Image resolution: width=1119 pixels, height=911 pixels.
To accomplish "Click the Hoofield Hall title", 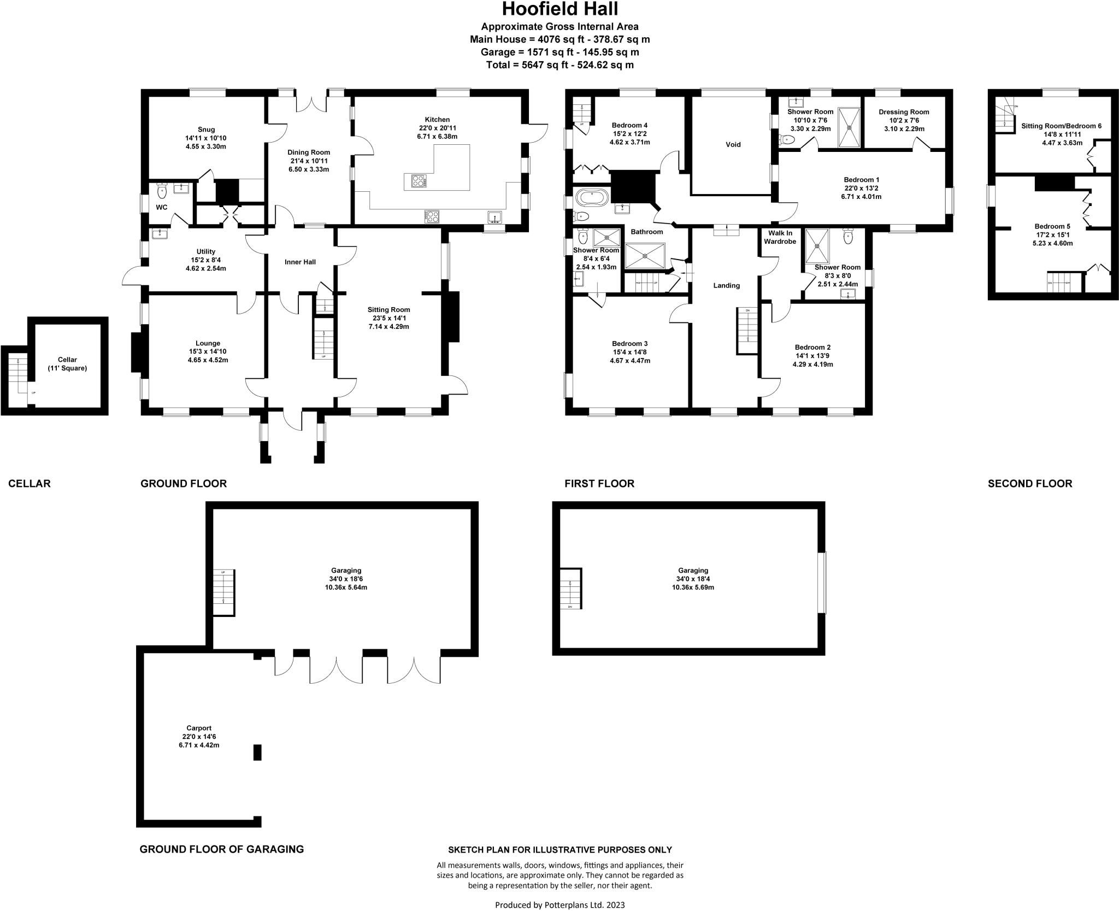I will pos(559,9).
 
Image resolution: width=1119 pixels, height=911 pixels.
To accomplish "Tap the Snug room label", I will pos(207,130).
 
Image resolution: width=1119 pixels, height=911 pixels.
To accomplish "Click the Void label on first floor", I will pos(733,144).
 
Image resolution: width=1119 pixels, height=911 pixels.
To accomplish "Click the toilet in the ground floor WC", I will pos(161,191).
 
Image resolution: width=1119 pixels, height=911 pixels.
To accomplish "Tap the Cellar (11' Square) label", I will pos(67,364).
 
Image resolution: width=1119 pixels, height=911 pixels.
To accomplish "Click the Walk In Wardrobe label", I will pos(780,237).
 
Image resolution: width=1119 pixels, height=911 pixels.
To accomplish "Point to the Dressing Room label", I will pos(904,112).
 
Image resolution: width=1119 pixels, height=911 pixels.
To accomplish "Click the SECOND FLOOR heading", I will pos(1029,484).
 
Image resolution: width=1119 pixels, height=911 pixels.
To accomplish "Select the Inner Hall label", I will pos(300,262).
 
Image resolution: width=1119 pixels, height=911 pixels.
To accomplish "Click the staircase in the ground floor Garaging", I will pos(223,592).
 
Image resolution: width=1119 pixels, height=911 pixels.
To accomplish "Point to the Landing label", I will pos(726,285).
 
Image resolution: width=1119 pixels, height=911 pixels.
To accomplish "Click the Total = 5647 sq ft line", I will pos(559,65).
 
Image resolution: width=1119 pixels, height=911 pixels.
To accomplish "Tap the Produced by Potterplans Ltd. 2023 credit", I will pos(559,904).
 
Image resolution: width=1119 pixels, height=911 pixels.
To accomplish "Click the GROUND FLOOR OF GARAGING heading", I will pos(221,849).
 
